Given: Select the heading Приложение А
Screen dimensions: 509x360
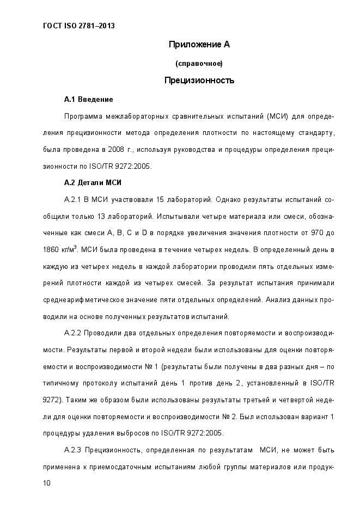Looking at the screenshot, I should (x=199, y=45).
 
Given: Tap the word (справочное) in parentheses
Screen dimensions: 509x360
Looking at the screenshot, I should (x=199, y=64).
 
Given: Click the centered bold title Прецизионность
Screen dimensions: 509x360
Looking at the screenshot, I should (x=199, y=81).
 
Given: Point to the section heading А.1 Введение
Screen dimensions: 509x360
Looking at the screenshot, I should (x=88, y=100).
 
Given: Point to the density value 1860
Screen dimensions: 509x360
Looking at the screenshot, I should (x=50, y=250).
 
